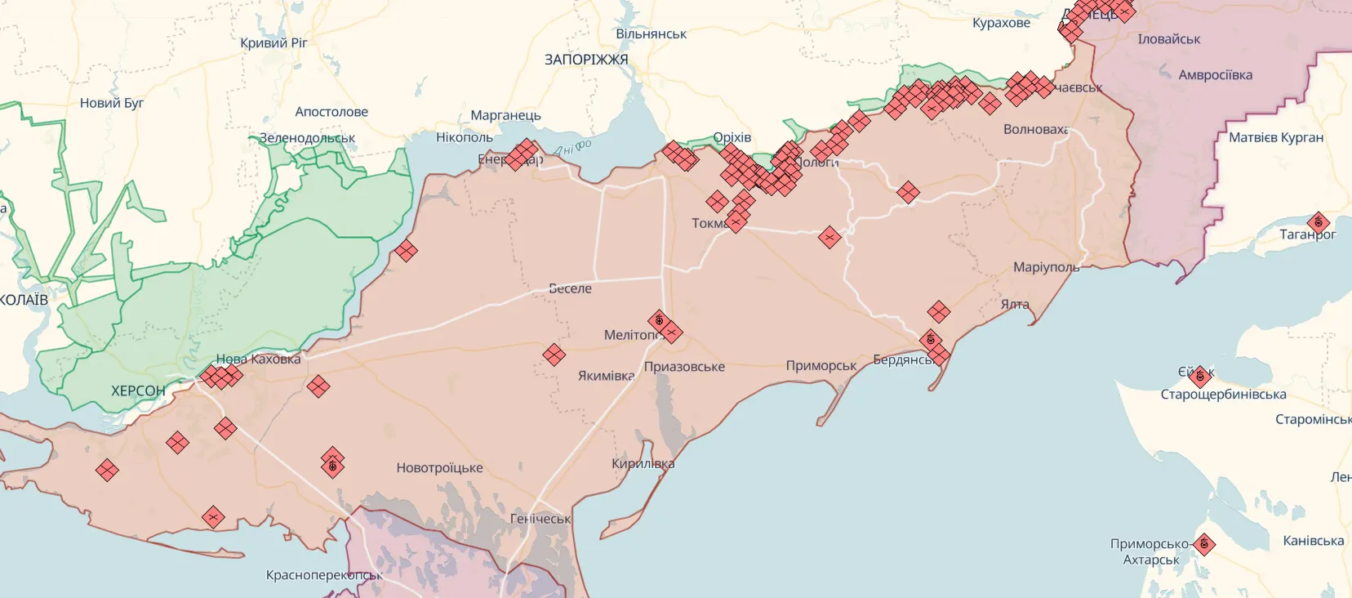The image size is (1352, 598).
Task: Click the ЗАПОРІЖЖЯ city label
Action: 586,60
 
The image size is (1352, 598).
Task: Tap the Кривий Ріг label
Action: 274,42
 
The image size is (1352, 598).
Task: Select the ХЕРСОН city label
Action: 138,391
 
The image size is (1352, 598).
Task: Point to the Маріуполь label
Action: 1046,267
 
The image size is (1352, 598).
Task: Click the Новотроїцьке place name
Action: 439,468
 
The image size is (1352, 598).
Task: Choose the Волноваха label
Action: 1035,129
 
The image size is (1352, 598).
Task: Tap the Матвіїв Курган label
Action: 1276,137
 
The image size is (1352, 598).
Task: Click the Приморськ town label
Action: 821,366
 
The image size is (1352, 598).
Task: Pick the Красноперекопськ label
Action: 323,575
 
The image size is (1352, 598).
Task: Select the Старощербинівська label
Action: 1223,395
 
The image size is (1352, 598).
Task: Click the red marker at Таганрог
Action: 1318,222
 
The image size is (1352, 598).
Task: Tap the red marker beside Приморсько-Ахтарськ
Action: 1203,544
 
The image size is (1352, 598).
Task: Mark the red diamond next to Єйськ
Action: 1199,377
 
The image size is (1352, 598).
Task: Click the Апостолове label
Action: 331,112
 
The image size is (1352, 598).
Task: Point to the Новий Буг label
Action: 112,103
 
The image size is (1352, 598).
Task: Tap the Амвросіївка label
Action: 1215,75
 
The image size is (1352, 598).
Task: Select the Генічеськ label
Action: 540,519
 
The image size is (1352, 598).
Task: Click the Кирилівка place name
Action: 643,464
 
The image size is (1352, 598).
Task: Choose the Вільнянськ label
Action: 651,34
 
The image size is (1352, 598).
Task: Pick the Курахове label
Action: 1001,23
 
